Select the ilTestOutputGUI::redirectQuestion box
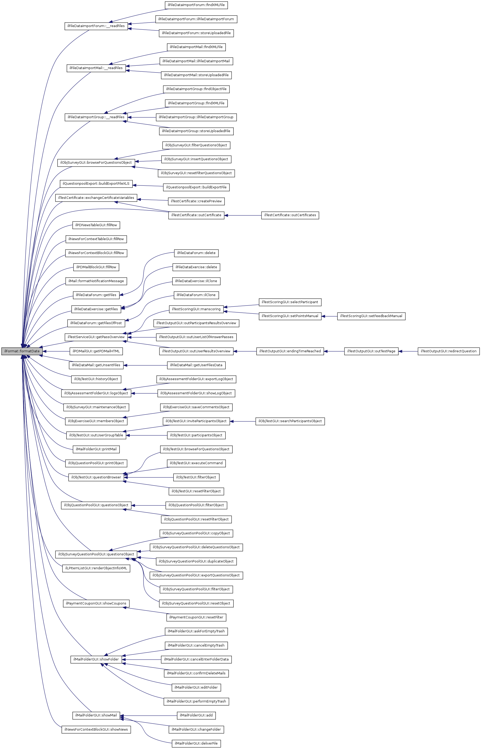click(448, 351)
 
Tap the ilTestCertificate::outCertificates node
click(290, 215)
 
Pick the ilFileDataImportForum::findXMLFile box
click(196, 5)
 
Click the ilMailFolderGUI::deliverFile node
click(196, 743)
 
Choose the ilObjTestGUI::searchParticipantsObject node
click(290, 421)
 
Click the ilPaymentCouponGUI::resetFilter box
click(196, 617)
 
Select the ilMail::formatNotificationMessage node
click(96, 281)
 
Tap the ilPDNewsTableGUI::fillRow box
click(96, 225)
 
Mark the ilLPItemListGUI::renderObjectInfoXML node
click(96, 568)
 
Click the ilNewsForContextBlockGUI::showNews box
click(96, 730)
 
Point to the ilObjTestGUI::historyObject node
click(96, 379)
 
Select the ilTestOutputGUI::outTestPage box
click(371, 351)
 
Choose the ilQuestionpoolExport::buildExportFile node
click(196, 187)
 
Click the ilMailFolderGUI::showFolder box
click(96, 659)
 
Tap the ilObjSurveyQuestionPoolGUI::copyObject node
click(196, 533)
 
